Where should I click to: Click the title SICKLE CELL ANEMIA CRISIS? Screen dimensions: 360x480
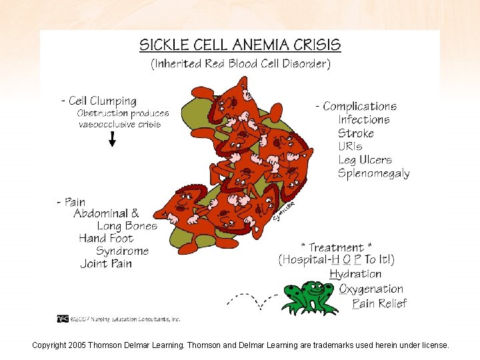240,45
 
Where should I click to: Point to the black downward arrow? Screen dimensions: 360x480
113,139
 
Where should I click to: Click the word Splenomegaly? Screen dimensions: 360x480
373,174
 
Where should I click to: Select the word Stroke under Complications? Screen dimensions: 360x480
356,133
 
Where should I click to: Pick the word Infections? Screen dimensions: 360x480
364,120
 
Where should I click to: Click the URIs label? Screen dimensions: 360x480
351,147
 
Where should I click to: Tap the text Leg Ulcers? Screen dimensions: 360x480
365,160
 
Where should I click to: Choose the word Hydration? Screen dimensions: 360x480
355,274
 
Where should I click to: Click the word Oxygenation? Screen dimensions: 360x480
371,289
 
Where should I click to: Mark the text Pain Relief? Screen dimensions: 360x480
379,304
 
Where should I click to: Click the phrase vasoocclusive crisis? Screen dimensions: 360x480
119,125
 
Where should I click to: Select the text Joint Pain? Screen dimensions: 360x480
106,264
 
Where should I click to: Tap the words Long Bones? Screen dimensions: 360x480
127,226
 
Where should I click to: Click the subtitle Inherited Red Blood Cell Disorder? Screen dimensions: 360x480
240,65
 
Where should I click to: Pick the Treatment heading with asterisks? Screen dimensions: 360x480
337,247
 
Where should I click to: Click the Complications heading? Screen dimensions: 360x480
356,107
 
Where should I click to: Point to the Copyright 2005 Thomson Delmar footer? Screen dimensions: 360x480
240,345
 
